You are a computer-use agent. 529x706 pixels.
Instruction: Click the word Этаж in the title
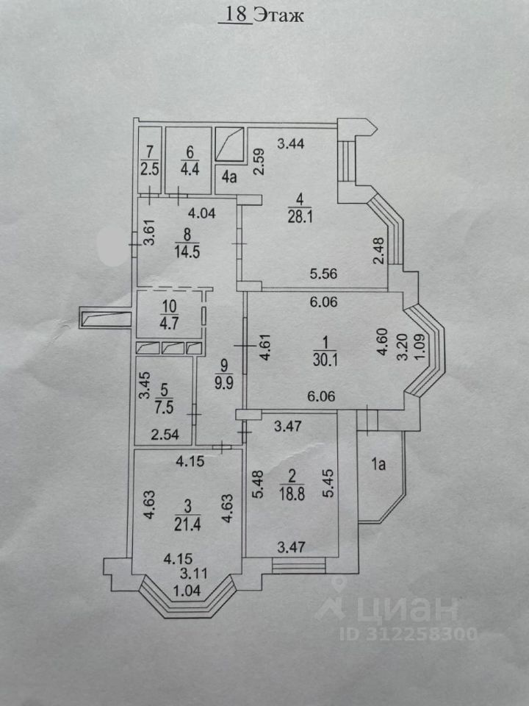(x=278, y=15)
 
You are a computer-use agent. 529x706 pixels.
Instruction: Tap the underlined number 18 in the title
(x=235, y=15)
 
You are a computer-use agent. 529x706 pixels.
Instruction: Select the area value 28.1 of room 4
(x=300, y=217)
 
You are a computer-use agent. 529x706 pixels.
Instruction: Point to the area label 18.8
(x=292, y=494)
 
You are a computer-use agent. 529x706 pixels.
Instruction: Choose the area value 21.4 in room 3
(x=187, y=525)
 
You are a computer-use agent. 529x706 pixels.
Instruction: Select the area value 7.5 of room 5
(x=164, y=407)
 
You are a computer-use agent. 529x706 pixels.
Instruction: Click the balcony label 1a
(x=379, y=464)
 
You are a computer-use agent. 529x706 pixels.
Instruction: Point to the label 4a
(x=229, y=177)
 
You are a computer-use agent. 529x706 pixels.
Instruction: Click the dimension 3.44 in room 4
(x=291, y=144)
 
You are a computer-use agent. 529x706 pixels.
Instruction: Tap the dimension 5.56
(x=323, y=274)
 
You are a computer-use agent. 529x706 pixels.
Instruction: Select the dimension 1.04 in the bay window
(x=187, y=590)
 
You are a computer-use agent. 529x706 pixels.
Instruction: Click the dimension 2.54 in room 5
(x=165, y=435)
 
